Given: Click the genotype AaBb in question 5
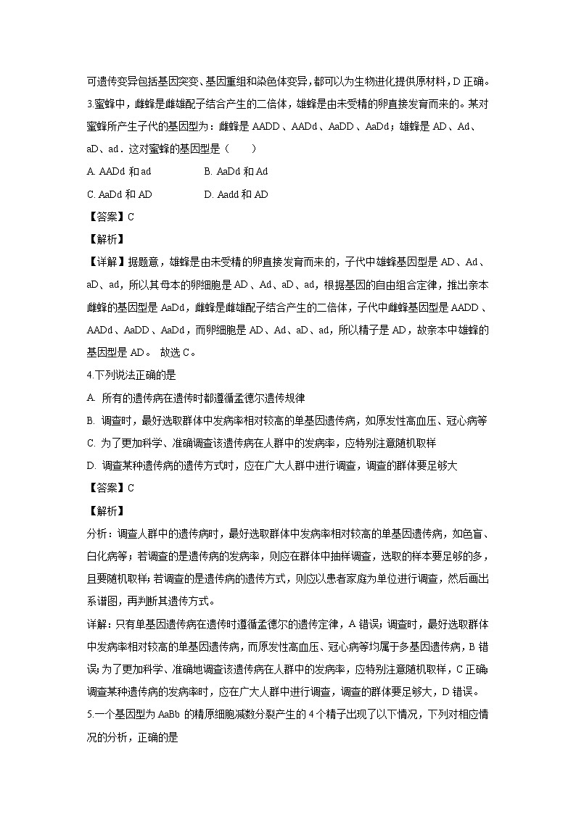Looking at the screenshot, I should click(170, 715).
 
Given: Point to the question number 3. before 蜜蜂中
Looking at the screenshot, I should click(89, 103).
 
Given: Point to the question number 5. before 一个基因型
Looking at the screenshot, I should click(89, 715).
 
